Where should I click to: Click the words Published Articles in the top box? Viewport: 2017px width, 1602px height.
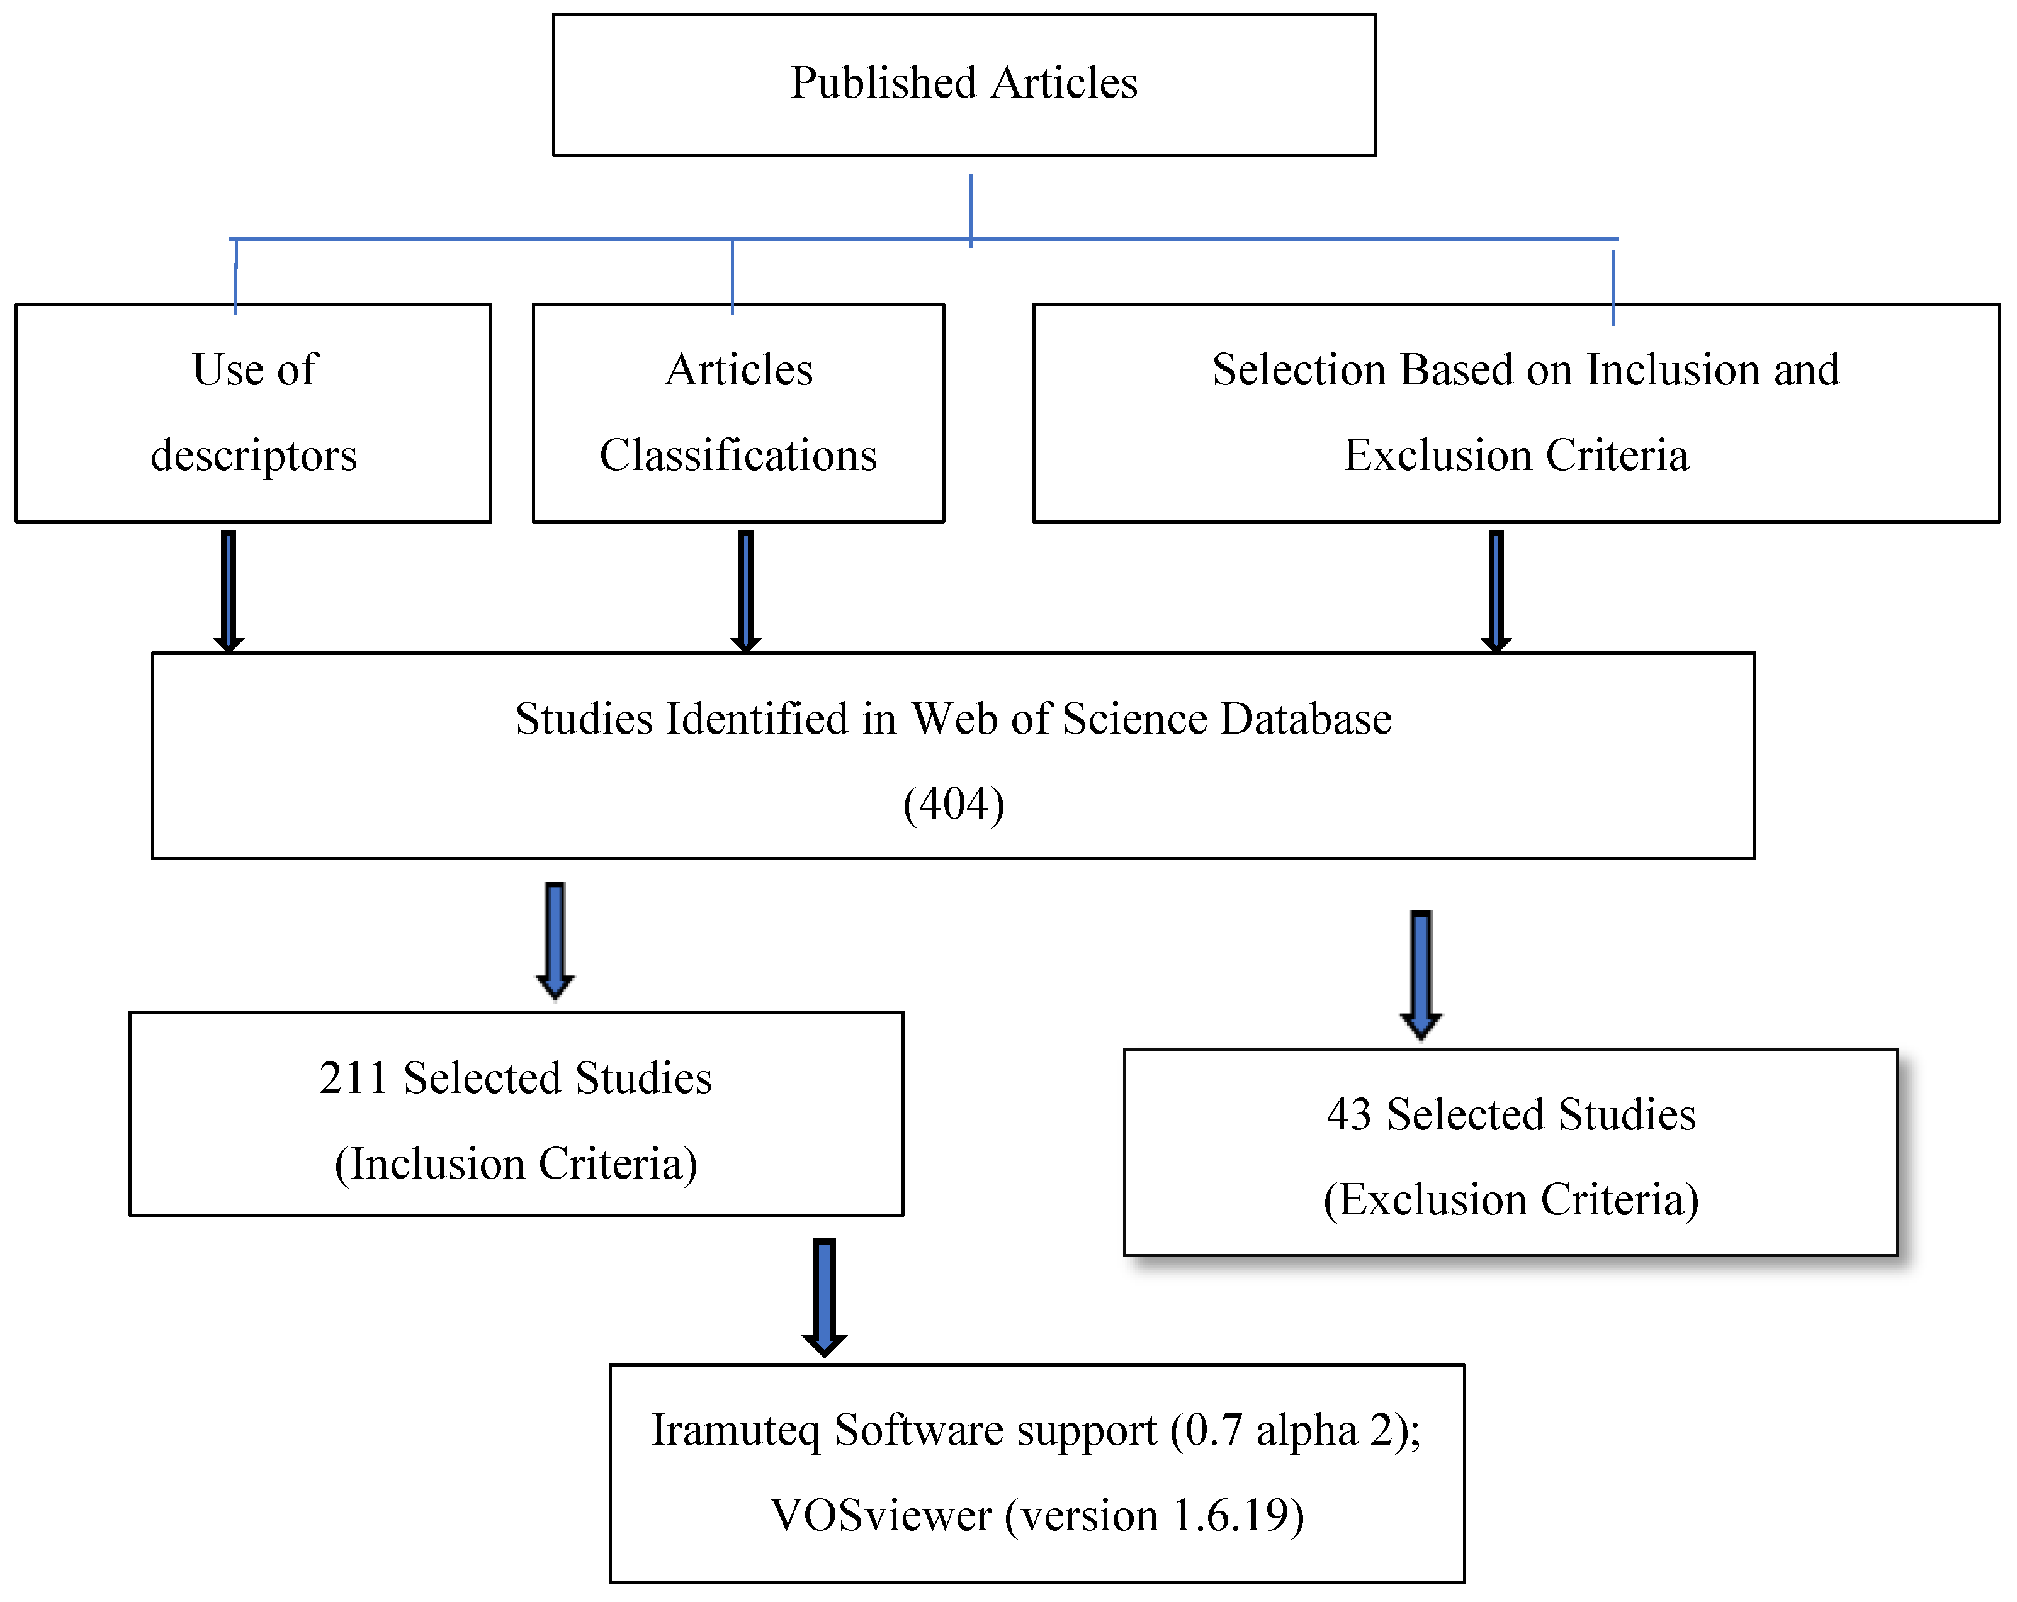pos(964,82)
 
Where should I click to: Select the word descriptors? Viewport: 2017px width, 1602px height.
pos(254,456)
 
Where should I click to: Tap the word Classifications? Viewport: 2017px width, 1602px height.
pos(738,456)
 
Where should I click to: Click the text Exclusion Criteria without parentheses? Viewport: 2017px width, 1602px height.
pos(1517,456)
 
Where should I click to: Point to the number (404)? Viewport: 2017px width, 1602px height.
pos(953,804)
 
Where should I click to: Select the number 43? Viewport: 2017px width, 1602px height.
pos(1348,1114)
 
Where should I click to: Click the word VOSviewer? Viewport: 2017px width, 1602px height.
pos(880,1515)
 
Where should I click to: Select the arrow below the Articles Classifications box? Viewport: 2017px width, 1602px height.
pos(745,591)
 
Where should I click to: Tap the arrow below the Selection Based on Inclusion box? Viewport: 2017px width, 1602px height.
pos(1496,591)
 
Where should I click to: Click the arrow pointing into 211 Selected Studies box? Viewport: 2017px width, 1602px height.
pos(555,940)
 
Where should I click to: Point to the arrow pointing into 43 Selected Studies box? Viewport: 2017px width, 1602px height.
pos(1420,975)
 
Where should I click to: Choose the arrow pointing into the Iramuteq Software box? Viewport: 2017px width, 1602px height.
pos(824,1297)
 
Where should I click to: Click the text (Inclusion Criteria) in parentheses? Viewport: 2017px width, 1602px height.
pos(516,1163)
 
